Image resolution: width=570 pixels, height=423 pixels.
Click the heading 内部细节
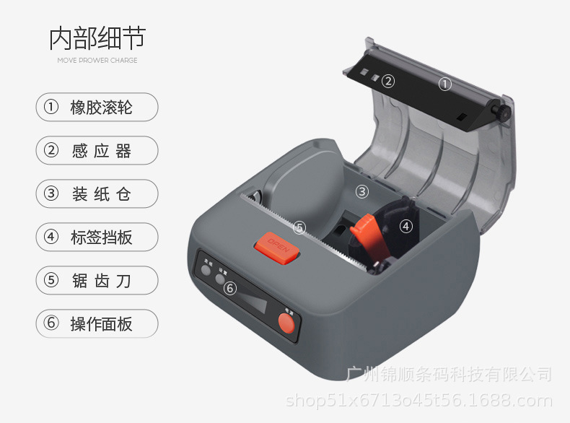[x=97, y=38]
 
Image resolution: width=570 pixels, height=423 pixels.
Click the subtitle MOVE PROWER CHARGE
[x=97, y=61]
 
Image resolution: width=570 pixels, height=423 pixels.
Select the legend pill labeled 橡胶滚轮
[x=97, y=108]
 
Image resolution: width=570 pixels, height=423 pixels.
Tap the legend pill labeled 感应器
[x=97, y=151]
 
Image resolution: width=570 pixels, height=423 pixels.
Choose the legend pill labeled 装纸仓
[x=97, y=193]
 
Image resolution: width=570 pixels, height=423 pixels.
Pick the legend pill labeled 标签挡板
[x=97, y=237]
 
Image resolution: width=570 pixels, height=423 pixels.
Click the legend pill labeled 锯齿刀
[x=97, y=280]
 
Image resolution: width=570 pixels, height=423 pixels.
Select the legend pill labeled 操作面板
[x=97, y=323]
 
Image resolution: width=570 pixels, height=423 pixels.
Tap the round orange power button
[x=287, y=327]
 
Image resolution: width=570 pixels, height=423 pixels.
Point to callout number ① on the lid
[x=445, y=84]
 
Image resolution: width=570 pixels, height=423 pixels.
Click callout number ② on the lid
[x=388, y=81]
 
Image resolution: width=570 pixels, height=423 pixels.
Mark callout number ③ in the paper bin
[x=362, y=192]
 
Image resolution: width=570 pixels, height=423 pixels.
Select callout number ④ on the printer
[x=406, y=226]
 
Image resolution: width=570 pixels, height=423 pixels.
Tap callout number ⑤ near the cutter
[x=299, y=227]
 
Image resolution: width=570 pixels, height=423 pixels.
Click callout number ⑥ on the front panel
[x=230, y=289]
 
